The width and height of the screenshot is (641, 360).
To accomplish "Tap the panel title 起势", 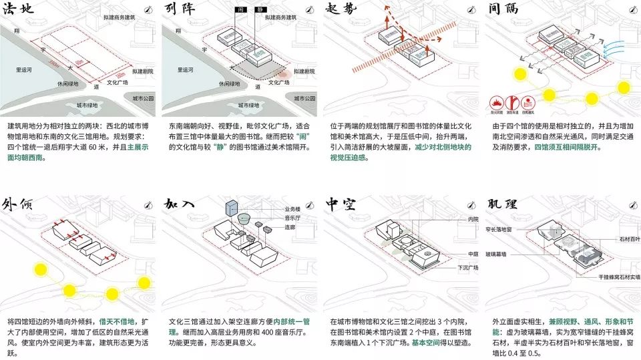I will tap(343, 13).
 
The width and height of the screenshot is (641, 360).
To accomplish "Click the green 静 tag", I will tap(257, 11).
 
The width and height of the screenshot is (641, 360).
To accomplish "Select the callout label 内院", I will tap(473, 218).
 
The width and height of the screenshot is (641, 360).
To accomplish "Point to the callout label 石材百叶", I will tap(627, 238).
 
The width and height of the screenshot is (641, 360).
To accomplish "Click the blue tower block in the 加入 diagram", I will tap(232, 207).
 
